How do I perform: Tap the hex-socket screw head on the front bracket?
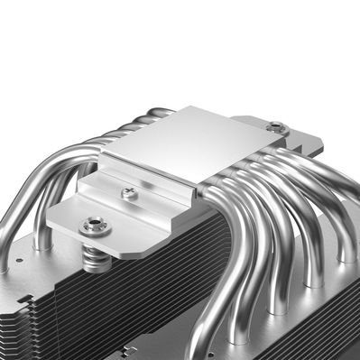[x=93, y=226]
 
